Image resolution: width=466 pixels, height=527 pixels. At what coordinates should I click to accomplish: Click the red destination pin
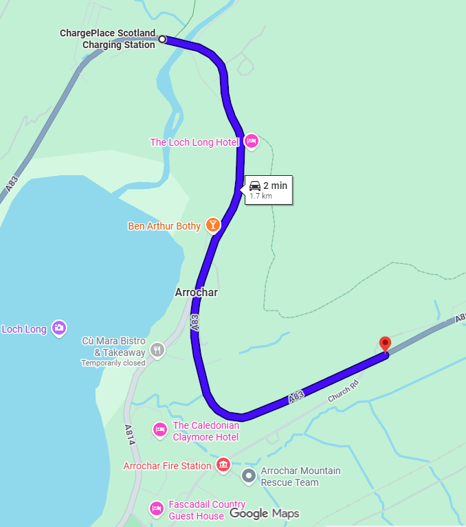point(385,343)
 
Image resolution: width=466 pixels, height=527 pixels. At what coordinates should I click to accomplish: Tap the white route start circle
point(162,39)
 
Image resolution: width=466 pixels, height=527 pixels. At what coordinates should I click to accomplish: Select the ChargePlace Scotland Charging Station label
point(108,39)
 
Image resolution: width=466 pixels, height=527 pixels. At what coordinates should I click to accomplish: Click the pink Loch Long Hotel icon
point(251,142)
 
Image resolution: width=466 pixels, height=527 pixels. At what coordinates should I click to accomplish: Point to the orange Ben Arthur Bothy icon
point(213,225)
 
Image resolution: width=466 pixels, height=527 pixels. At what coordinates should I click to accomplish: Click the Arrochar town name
point(196,293)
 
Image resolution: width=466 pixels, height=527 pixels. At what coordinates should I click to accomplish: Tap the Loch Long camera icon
point(59,328)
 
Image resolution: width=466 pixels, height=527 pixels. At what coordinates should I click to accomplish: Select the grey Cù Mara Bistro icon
point(157,349)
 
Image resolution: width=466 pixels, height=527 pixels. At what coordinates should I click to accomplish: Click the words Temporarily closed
point(113,363)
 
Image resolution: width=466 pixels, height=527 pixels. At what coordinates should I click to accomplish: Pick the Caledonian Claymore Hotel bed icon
point(159,429)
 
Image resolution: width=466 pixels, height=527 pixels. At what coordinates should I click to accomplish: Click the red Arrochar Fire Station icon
point(223,465)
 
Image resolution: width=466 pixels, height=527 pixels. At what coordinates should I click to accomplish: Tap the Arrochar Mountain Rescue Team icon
point(249,475)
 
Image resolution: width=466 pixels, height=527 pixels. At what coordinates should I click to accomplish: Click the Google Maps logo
point(265,513)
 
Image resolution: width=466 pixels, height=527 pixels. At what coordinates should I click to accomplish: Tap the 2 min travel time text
point(275,186)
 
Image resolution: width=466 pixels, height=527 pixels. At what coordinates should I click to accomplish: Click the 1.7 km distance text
point(260,196)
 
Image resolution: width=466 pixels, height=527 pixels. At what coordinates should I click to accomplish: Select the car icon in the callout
point(255,186)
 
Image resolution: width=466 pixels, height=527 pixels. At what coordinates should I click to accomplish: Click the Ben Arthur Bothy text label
point(164,226)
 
